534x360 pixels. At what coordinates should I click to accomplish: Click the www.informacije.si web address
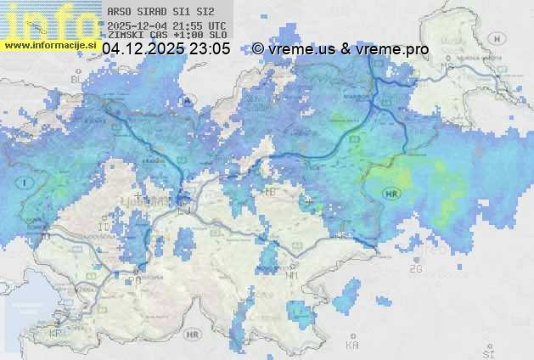(x=48, y=44)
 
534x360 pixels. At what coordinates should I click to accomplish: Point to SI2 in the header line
(x=204, y=13)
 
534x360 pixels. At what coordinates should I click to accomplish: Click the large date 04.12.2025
(x=143, y=50)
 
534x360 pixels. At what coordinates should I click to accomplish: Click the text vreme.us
(x=301, y=50)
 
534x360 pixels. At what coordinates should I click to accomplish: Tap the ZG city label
(x=415, y=269)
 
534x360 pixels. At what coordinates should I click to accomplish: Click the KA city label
(x=351, y=345)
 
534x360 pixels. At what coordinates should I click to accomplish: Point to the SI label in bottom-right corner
(x=487, y=351)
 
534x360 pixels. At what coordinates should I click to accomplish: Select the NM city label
(x=293, y=275)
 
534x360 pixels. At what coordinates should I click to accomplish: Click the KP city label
(x=56, y=334)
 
